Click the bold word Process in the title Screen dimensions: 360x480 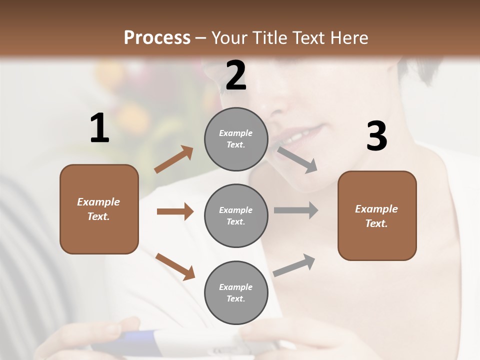coord(157,37)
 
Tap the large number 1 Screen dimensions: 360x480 coord(99,128)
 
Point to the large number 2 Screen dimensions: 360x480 coord(236,75)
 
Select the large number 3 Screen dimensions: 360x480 coord(376,136)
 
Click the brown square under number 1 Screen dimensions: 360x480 coord(99,209)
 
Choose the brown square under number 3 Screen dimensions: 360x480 coord(377,215)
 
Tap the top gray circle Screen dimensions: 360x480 coord(236,139)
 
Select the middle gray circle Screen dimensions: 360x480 coord(236,215)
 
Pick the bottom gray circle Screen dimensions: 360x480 coord(236,292)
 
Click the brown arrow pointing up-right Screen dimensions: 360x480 coord(174,159)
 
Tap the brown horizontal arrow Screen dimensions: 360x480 coord(175,211)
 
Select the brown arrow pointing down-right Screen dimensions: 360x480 coord(175,266)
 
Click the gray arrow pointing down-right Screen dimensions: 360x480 coord(297,159)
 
